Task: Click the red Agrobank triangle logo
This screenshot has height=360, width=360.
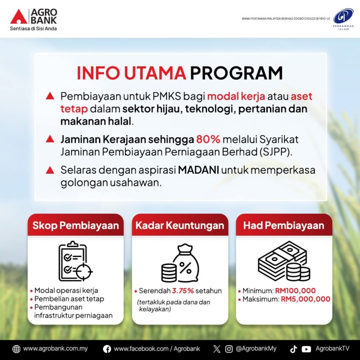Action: coord(19,17)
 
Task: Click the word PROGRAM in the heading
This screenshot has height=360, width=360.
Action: coord(236,73)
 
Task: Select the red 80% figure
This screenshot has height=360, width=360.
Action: coord(208,139)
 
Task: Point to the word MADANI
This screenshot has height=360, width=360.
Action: coord(198,170)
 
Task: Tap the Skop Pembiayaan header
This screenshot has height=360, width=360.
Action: coord(76,225)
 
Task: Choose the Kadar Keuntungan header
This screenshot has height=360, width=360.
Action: coord(180,225)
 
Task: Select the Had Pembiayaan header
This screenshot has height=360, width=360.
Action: coord(284,225)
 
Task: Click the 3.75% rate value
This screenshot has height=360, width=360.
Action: coord(183,291)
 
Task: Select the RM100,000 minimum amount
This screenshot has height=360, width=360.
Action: coord(295,291)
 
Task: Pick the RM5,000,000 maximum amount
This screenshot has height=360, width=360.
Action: coord(306,299)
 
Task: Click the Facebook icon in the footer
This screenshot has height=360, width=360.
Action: coord(107,349)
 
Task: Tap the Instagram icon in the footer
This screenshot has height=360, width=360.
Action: coord(229,349)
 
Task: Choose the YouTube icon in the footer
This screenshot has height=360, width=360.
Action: coord(306,349)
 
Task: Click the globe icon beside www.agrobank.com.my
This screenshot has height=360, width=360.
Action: coord(16,349)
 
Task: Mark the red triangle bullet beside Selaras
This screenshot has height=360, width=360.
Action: coord(50,170)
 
